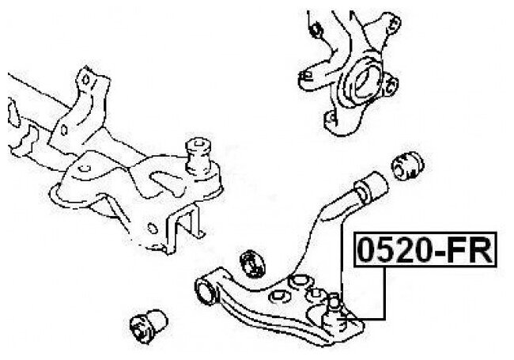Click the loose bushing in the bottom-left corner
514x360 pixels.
146,324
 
